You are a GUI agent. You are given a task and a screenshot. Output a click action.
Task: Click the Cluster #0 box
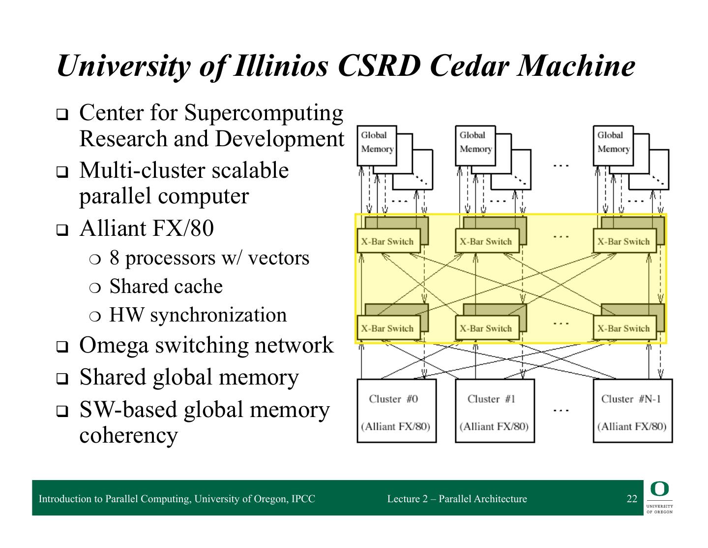click(x=396, y=411)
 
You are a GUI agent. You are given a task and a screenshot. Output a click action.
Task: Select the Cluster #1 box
click(x=494, y=411)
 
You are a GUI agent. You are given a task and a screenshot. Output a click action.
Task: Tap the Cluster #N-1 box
click(x=632, y=411)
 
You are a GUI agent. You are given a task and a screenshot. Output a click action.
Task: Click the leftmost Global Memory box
click(x=377, y=142)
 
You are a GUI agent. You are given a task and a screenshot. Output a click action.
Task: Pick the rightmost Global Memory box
click(x=613, y=142)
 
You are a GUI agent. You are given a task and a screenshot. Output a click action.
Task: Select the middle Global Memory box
click(x=475, y=142)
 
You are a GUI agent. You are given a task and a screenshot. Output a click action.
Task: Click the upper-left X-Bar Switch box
click(x=389, y=241)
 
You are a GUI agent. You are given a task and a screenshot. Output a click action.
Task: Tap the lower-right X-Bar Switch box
click(x=624, y=328)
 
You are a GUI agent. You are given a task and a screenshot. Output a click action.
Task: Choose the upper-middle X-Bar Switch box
click(x=487, y=241)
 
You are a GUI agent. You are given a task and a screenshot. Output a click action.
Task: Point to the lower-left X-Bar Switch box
click(x=389, y=328)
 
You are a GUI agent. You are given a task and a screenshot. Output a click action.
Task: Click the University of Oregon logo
click(x=659, y=498)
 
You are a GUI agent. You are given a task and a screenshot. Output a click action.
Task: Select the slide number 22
click(x=632, y=499)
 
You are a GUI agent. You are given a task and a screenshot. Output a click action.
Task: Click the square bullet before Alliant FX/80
click(x=61, y=230)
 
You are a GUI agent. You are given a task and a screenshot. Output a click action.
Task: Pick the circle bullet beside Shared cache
click(x=94, y=288)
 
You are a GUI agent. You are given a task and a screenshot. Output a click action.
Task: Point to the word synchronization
click(x=218, y=315)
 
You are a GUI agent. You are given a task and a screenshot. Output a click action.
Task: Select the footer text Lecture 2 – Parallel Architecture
click(x=457, y=499)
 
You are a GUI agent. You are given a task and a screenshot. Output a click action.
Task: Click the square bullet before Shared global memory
click(x=61, y=379)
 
